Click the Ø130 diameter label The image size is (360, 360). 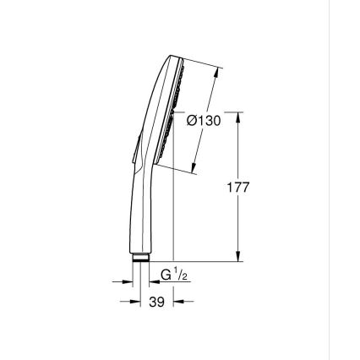(x=203, y=121)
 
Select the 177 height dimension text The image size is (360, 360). (x=237, y=188)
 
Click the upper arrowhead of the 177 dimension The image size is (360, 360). (x=237, y=117)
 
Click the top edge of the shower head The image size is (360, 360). (x=176, y=58)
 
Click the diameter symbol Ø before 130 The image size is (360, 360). (x=191, y=121)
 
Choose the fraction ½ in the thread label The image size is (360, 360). (x=183, y=275)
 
